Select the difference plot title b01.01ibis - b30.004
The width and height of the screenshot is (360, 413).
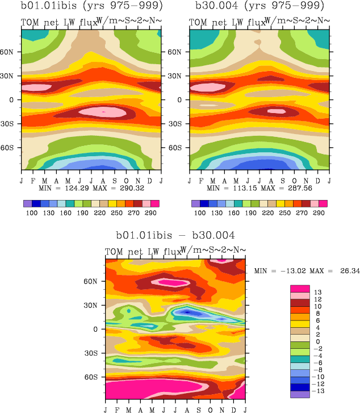tap(175, 235)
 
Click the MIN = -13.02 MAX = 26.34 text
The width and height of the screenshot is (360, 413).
tap(307, 271)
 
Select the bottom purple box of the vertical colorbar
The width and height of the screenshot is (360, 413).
tap(299, 394)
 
